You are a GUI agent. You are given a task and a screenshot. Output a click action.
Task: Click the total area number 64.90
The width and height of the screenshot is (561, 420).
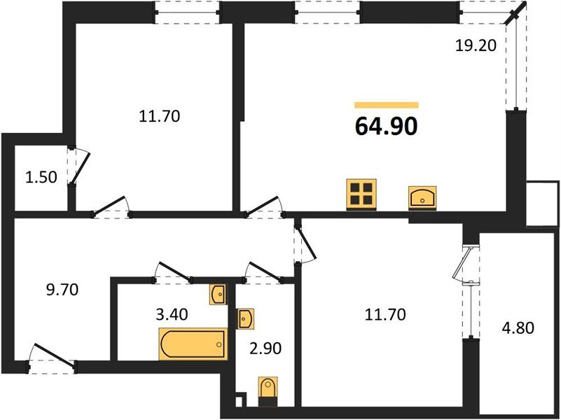point(387,127)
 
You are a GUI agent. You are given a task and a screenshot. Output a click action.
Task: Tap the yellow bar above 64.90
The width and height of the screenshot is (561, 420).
point(387,105)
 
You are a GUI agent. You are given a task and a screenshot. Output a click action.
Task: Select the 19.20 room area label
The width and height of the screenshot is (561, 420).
point(476,47)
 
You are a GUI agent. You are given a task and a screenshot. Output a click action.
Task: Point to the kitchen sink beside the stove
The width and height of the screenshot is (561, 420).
point(422,197)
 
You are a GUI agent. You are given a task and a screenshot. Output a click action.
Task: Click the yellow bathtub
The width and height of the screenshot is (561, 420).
point(193,344)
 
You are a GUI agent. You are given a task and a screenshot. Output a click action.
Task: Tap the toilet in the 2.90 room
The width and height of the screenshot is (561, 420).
point(267,391)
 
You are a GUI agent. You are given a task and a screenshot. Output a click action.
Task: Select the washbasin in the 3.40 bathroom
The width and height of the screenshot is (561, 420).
point(218,294)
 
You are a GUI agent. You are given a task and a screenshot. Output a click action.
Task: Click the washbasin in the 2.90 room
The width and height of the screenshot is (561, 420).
point(246,318)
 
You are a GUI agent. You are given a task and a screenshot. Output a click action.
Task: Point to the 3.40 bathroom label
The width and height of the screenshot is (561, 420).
point(171,314)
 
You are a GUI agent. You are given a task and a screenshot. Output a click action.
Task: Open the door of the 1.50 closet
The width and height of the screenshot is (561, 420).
point(80,165)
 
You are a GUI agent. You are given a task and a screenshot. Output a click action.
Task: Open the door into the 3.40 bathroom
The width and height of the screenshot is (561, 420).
point(173,272)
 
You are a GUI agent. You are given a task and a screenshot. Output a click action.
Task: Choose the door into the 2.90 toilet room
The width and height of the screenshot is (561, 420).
point(263,272)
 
